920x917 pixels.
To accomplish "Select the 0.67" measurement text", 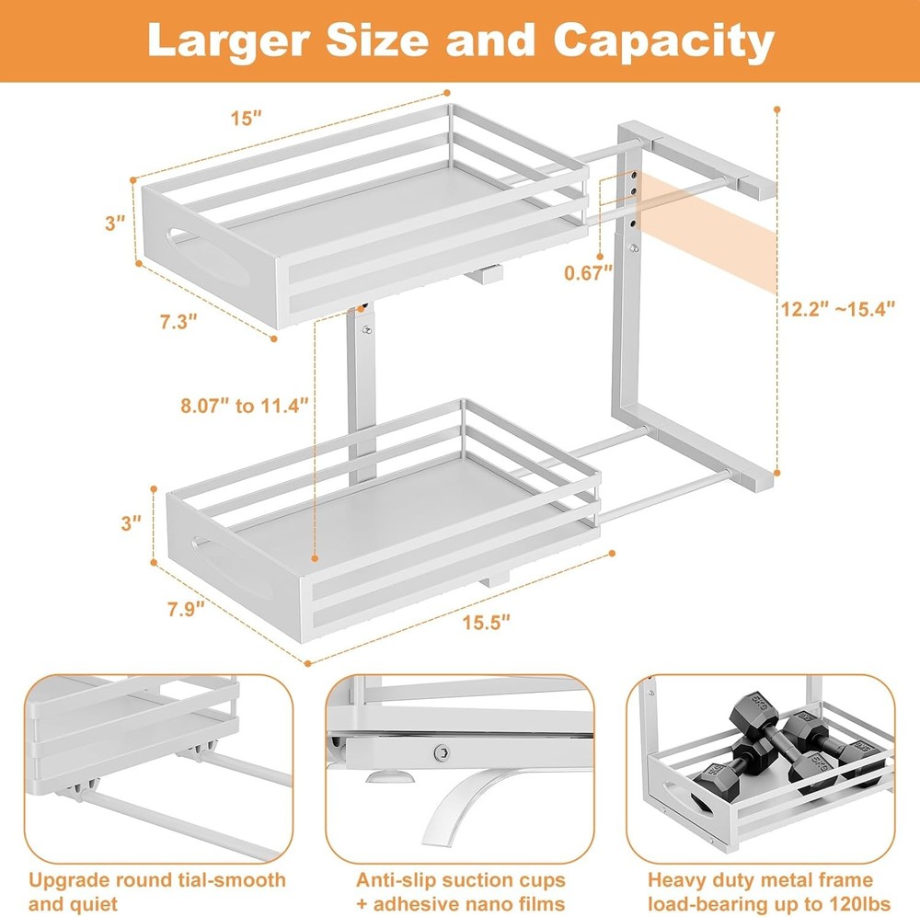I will pos(590,272).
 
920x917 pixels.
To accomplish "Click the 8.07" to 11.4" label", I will pos(245,404).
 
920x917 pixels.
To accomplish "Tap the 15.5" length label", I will pos(487,622).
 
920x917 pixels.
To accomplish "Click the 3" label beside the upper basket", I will pos(114,224).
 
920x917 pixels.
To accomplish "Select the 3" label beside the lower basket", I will pos(131,522).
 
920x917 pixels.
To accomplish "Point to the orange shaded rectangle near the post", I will pos(708,230).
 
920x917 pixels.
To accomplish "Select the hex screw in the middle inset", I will pos(442,754).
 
